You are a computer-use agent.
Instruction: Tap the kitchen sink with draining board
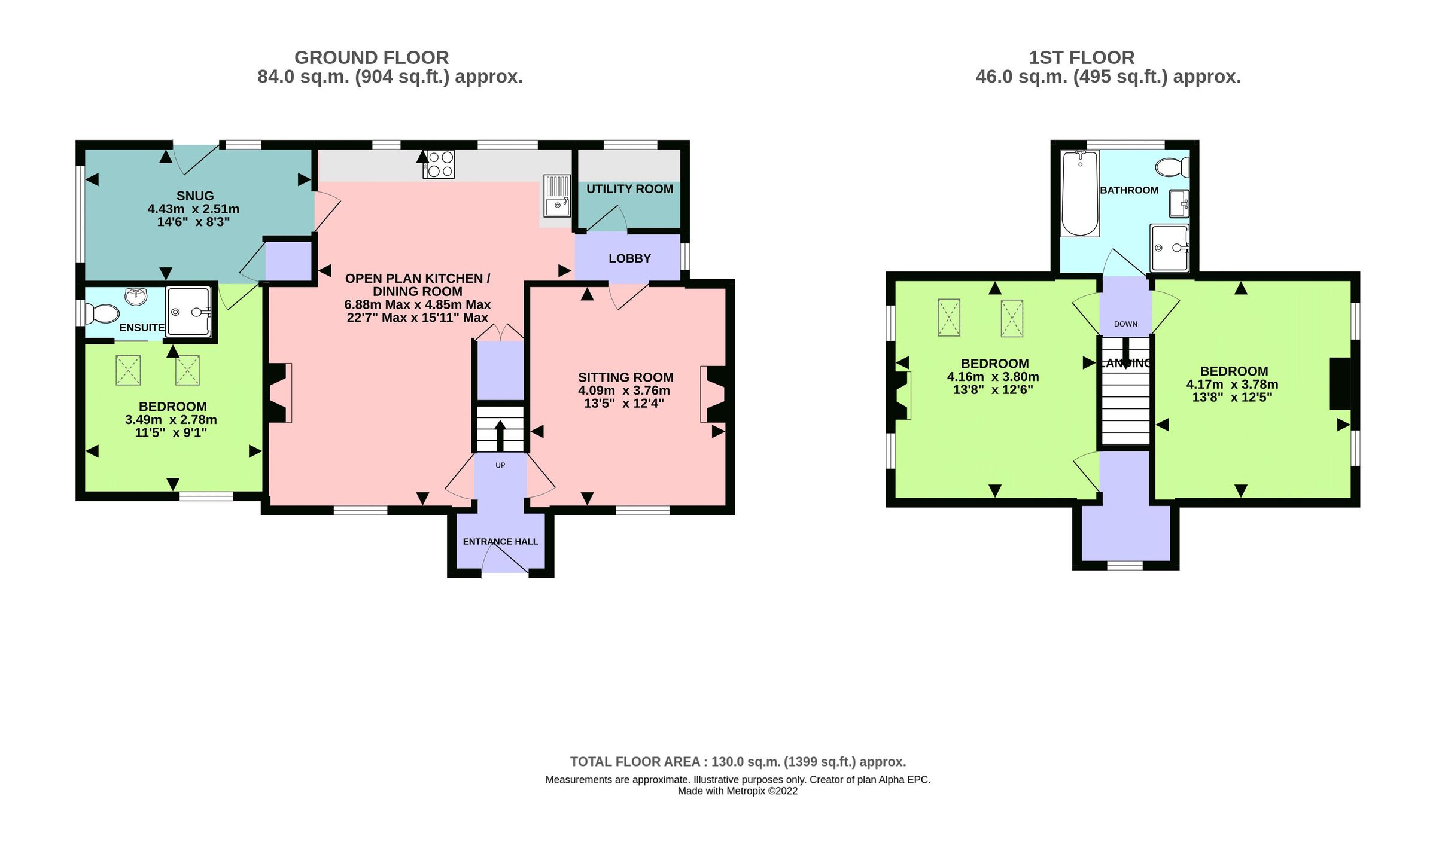tap(556, 196)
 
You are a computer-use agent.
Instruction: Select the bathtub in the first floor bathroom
tap(1080, 193)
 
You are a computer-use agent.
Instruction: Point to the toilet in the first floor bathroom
tap(1172, 167)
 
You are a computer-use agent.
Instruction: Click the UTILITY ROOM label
tap(629, 189)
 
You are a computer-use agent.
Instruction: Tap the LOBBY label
tap(629, 258)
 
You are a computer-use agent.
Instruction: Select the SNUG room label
tap(195, 196)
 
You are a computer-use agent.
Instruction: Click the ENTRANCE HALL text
tap(500, 542)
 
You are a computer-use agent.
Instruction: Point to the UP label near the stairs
tap(500, 465)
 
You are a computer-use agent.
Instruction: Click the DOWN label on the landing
tap(1125, 324)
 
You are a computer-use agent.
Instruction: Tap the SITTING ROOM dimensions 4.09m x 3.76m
tap(624, 391)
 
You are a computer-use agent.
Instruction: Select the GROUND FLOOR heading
tap(372, 58)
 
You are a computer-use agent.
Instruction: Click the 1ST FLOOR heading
tap(1081, 58)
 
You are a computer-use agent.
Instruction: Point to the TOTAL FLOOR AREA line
tap(738, 762)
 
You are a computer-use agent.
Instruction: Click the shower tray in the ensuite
tap(188, 311)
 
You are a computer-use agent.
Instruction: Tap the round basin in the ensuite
tap(136, 295)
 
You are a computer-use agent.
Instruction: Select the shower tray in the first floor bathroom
tap(1169, 248)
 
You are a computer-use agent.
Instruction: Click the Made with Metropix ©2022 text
tap(738, 791)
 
